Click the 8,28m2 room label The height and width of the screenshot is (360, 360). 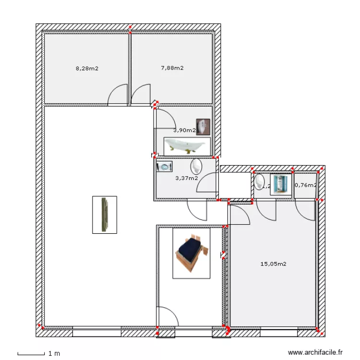(x=87, y=68)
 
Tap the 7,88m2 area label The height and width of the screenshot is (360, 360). (x=172, y=68)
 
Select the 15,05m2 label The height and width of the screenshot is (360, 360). (x=273, y=264)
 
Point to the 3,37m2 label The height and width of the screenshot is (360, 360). (x=186, y=178)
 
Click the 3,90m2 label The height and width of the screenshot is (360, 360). (x=184, y=130)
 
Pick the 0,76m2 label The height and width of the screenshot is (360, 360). (x=305, y=185)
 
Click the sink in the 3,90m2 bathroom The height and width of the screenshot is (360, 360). (x=204, y=127)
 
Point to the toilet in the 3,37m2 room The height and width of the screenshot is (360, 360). (x=196, y=167)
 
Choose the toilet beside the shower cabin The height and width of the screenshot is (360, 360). (x=260, y=182)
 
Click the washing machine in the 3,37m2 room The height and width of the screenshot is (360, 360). (x=165, y=167)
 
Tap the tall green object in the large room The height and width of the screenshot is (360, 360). (x=105, y=215)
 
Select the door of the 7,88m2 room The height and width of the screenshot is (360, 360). (x=141, y=96)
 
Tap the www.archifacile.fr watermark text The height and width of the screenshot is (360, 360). (x=315, y=352)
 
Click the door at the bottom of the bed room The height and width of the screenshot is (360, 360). (x=168, y=317)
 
